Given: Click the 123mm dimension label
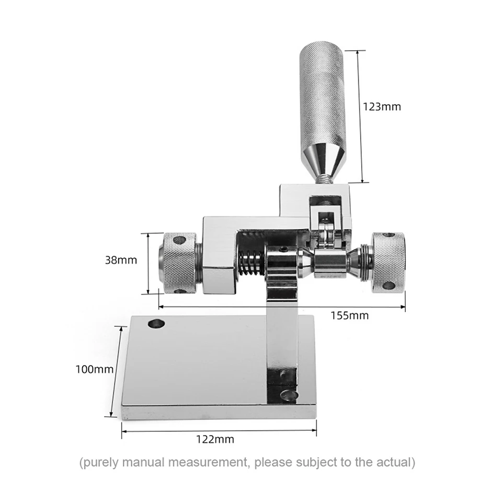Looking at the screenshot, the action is click(382, 107).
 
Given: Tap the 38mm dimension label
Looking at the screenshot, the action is click(121, 260).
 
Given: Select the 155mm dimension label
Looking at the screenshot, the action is click(350, 316).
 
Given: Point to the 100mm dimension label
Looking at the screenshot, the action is click(95, 370).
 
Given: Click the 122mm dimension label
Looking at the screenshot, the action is click(215, 439).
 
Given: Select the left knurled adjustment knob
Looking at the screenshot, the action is click(178, 263).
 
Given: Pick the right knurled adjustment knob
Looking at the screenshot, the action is click(388, 263).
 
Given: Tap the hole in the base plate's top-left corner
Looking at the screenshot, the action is click(156, 323).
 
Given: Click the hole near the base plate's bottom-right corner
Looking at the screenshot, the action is click(289, 396).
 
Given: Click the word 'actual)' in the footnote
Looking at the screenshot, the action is click(396, 462).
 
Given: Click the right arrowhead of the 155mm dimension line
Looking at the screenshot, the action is click(403, 307).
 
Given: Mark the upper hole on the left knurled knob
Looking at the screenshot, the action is click(179, 240).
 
